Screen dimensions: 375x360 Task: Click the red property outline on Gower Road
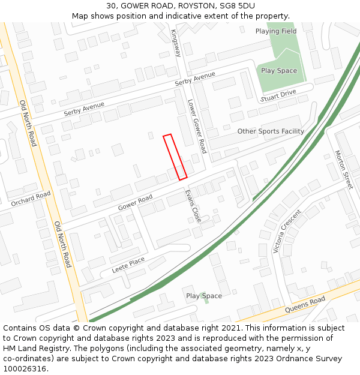click(175, 157)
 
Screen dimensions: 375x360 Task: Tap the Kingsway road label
click(175, 43)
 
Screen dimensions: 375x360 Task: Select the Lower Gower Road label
click(197, 126)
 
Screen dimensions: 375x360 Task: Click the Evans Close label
click(193, 206)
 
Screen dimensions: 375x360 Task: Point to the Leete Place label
click(128, 265)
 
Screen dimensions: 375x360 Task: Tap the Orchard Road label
click(31, 199)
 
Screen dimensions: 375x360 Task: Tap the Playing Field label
click(276, 31)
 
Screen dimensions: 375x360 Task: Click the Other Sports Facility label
click(271, 131)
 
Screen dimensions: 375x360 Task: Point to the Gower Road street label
click(135, 203)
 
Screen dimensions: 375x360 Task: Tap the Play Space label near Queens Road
click(203, 296)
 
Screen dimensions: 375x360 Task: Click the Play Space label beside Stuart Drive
click(279, 71)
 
